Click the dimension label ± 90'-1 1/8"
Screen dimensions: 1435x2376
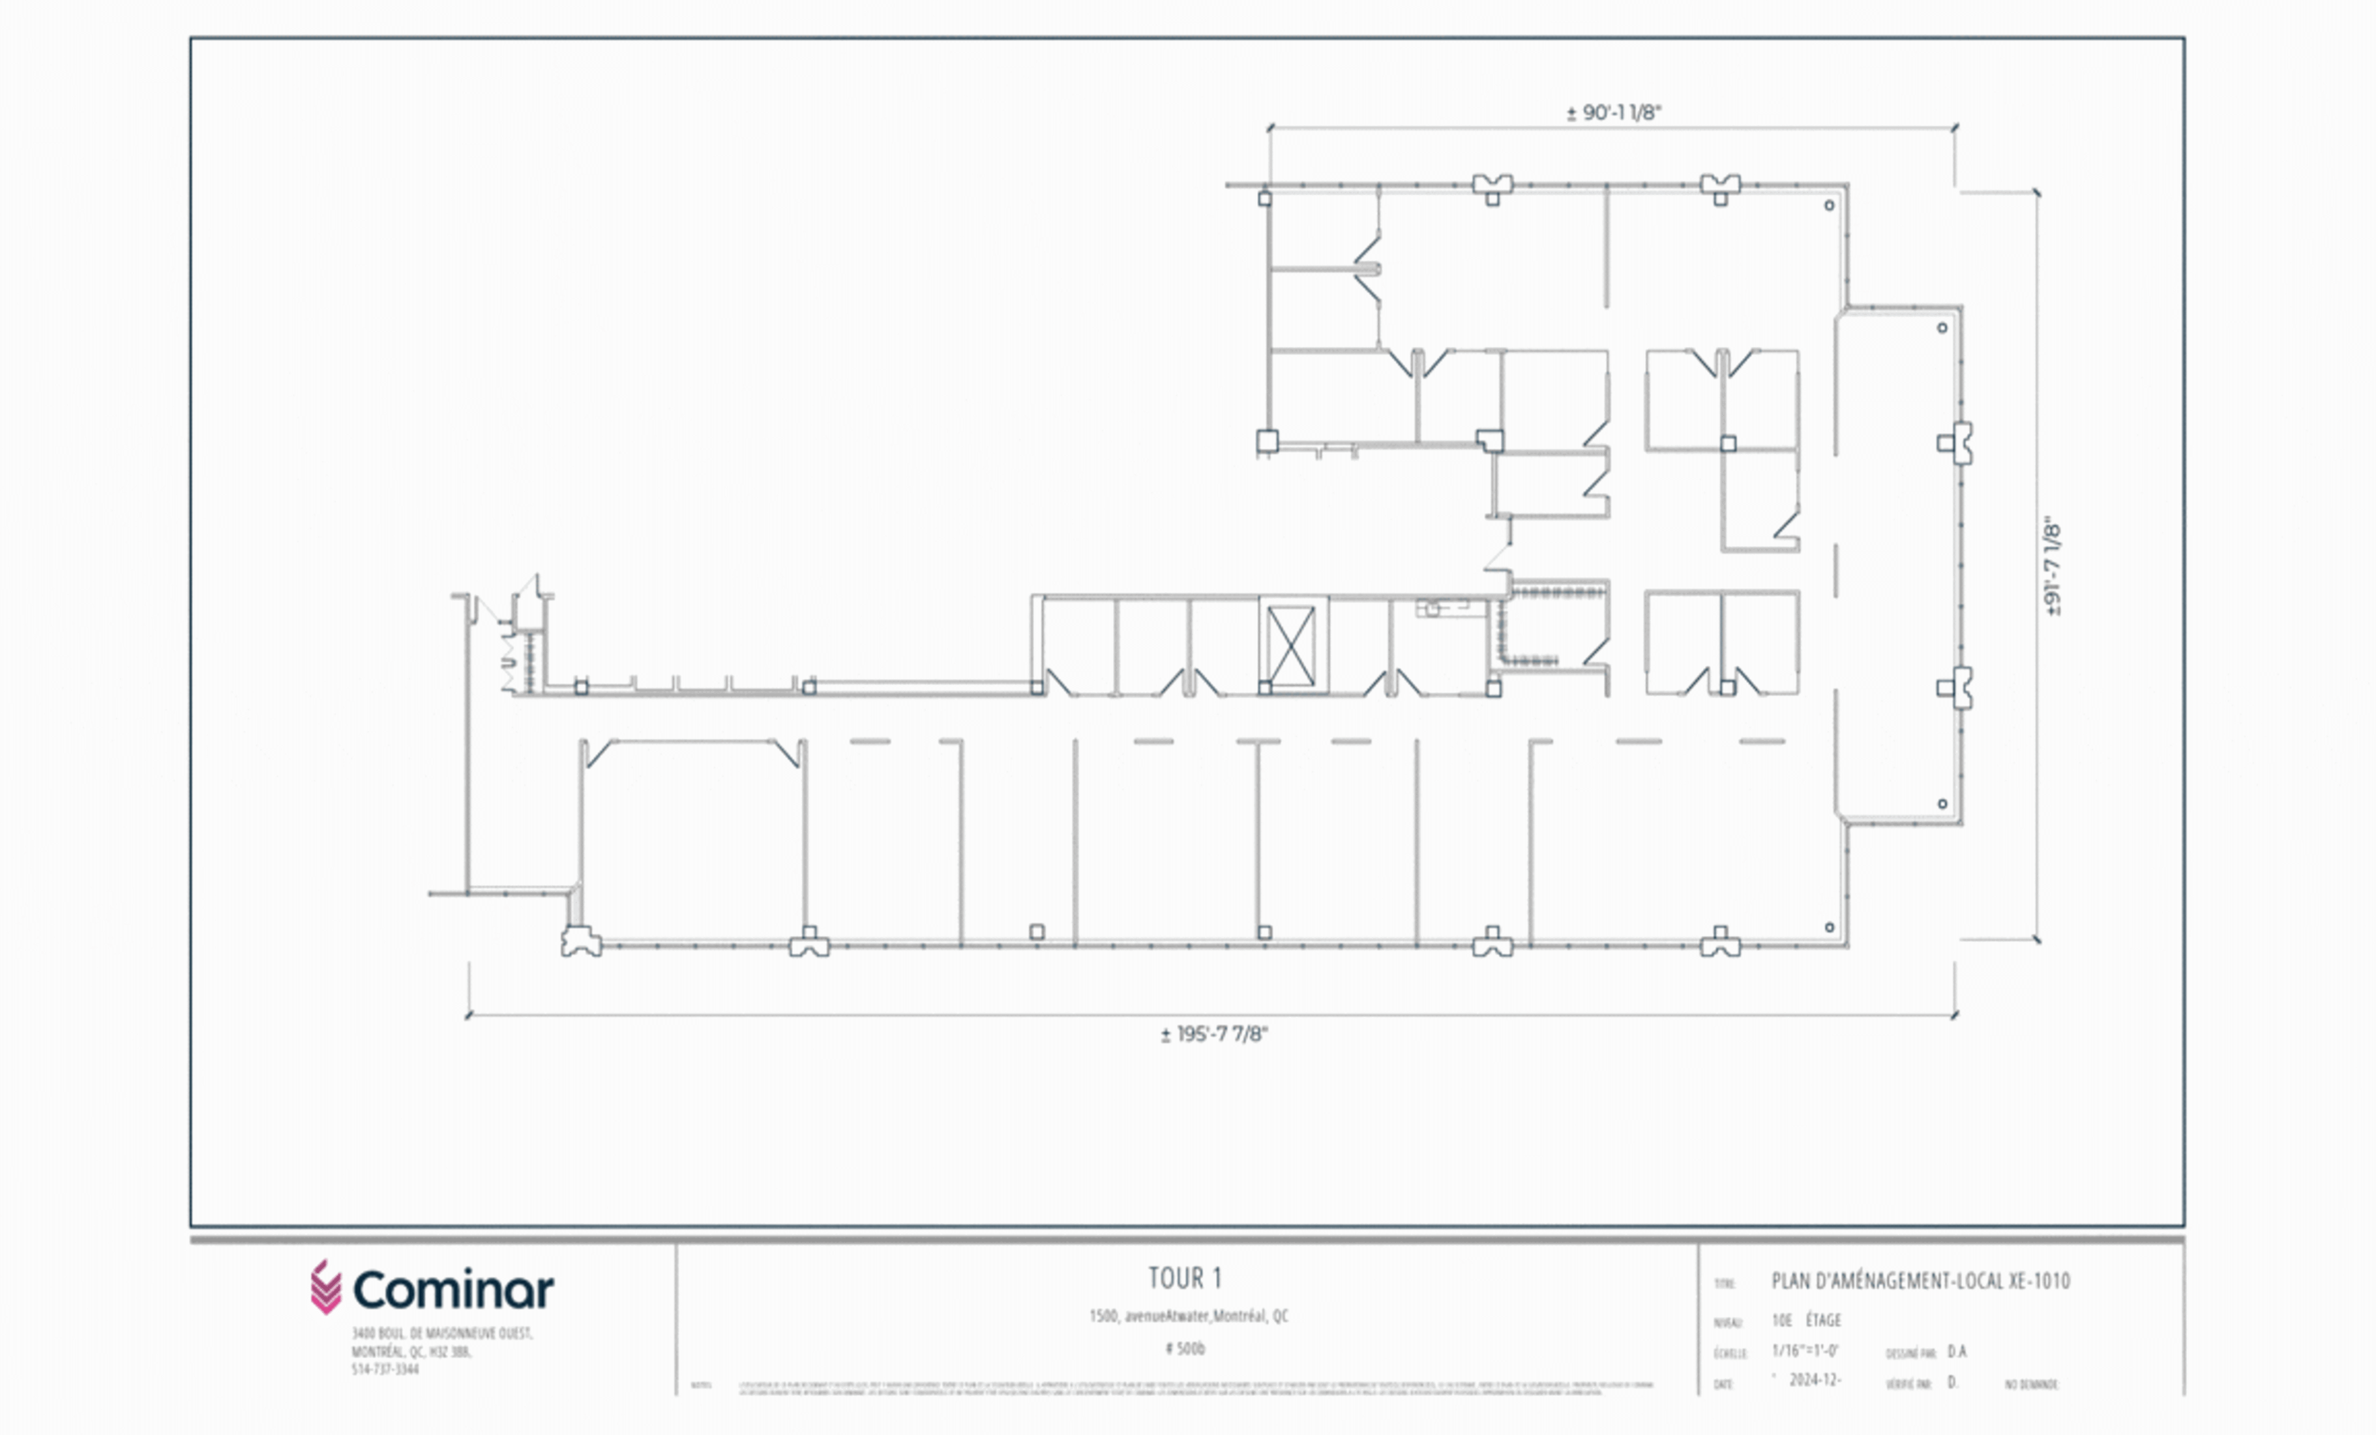tap(1613, 113)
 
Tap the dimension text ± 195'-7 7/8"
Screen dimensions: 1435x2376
tap(1214, 1035)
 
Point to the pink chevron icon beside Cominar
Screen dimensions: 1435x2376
tap(326, 1288)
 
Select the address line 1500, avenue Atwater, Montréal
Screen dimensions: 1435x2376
tap(1188, 1316)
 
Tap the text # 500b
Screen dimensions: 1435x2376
tap(1185, 1349)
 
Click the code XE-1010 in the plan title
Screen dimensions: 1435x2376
tap(2038, 1282)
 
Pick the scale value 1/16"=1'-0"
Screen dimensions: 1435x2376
tap(1805, 1351)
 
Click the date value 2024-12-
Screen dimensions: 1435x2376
tap(1815, 1381)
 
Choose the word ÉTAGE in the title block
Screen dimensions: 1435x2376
tap(1824, 1320)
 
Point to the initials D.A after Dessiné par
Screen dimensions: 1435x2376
tap(1957, 1352)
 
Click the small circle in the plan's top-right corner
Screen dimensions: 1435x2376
tap(1829, 205)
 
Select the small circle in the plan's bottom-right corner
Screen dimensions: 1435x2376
tap(1829, 928)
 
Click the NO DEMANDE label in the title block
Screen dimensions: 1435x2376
tap(2032, 1385)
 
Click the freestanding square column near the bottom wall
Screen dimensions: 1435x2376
tap(1037, 931)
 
